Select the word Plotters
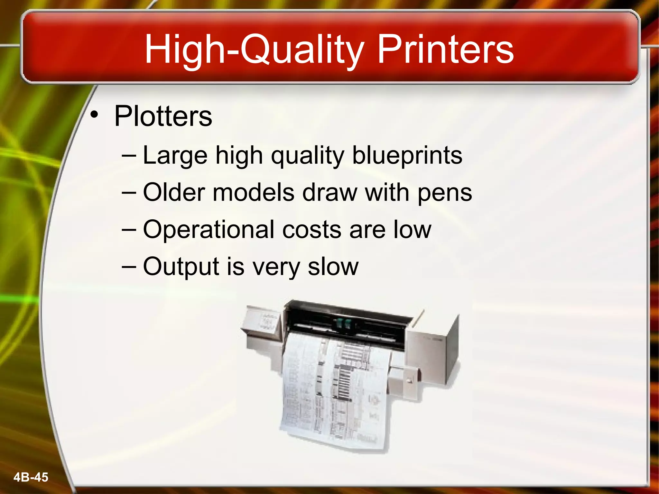[163, 116]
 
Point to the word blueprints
[407, 156]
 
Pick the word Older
[174, 193]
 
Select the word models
[254, 193]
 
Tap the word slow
[333, 267]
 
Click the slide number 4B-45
[31, 477]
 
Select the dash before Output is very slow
[129, 267]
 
